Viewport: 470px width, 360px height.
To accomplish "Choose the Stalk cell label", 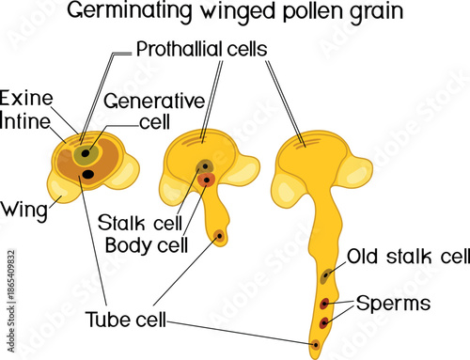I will pyautogui.click(x=135, y=224).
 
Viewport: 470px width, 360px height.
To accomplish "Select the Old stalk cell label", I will pyautogui.click(x=408, y=256).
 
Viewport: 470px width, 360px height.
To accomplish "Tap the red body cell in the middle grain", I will pyautogui.click(x=210, y=179).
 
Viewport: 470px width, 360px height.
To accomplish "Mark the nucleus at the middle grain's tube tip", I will pyautogui.click(x=220, y=235).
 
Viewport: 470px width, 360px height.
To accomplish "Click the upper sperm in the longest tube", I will pyautogui.click(x=324, y=303).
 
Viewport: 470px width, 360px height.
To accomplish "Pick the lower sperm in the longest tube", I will pyautogui.click(x=323, y=322).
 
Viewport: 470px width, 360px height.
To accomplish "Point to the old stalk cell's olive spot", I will pyautogui.click(x=325, y=275).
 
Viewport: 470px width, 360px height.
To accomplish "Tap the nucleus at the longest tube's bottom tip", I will pyautogui.click(x=316, y=345).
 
